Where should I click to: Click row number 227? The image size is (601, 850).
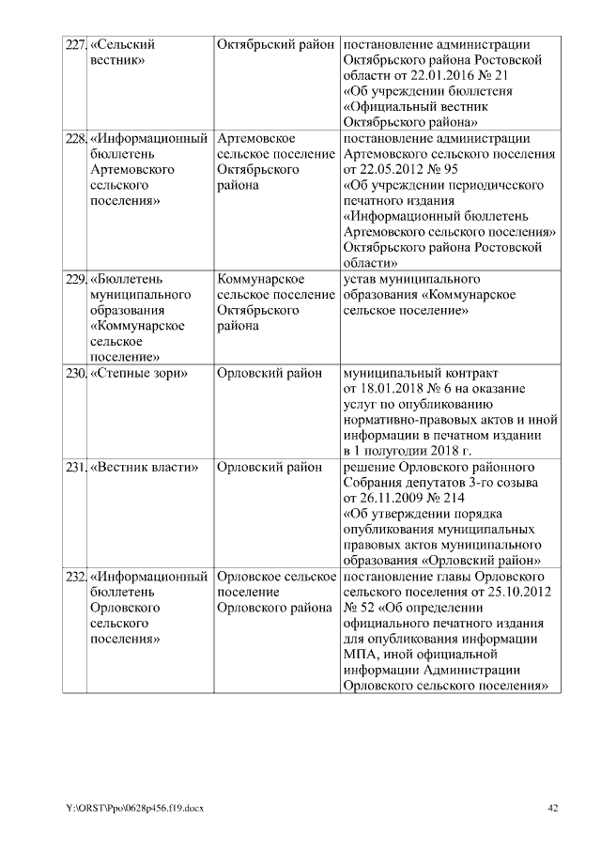pos(74,44)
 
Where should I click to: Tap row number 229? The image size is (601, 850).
pos(74,280)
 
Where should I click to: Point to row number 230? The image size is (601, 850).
pos(74,373)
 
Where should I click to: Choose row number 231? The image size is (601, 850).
pos(74,467)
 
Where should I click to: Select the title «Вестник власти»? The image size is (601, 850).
pos(144,467)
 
